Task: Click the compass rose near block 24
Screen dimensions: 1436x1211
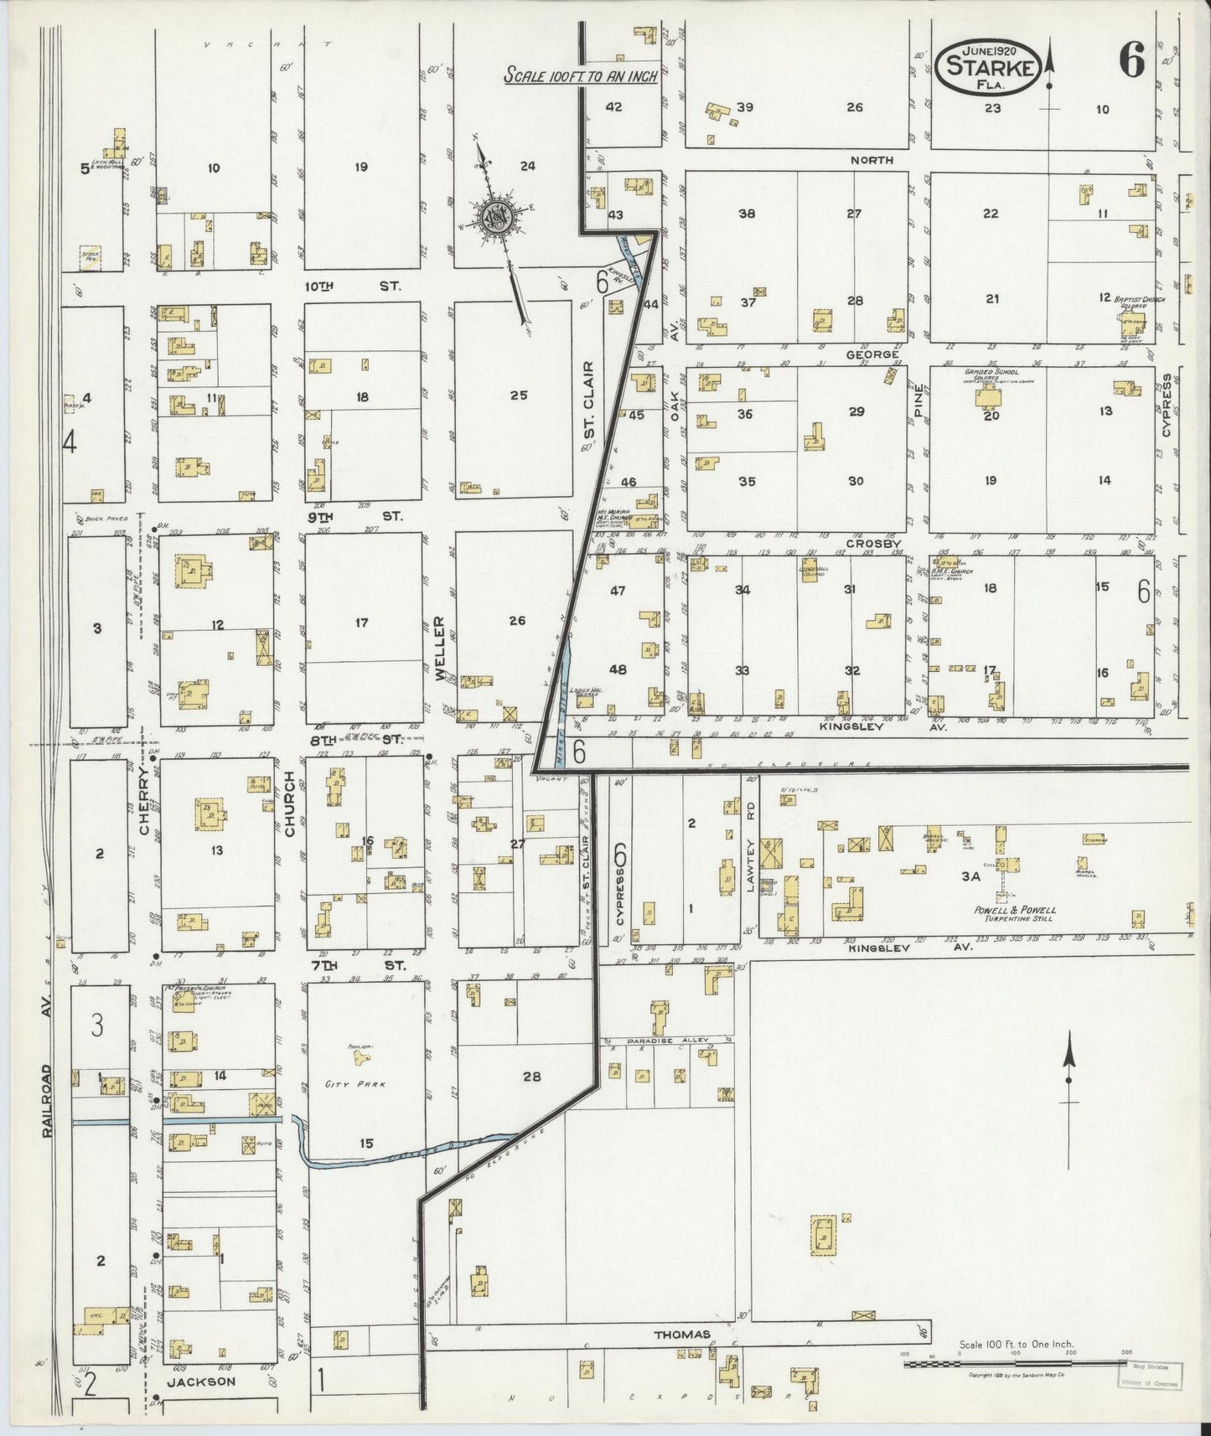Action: (495, 219)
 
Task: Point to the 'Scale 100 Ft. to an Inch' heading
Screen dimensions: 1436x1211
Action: (579, 75)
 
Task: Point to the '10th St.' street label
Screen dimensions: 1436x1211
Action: (352, 286)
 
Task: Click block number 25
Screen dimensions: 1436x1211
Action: (518, 395)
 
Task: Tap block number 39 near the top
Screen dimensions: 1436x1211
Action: (745, 107)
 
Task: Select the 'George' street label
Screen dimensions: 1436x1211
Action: (872, 355)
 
